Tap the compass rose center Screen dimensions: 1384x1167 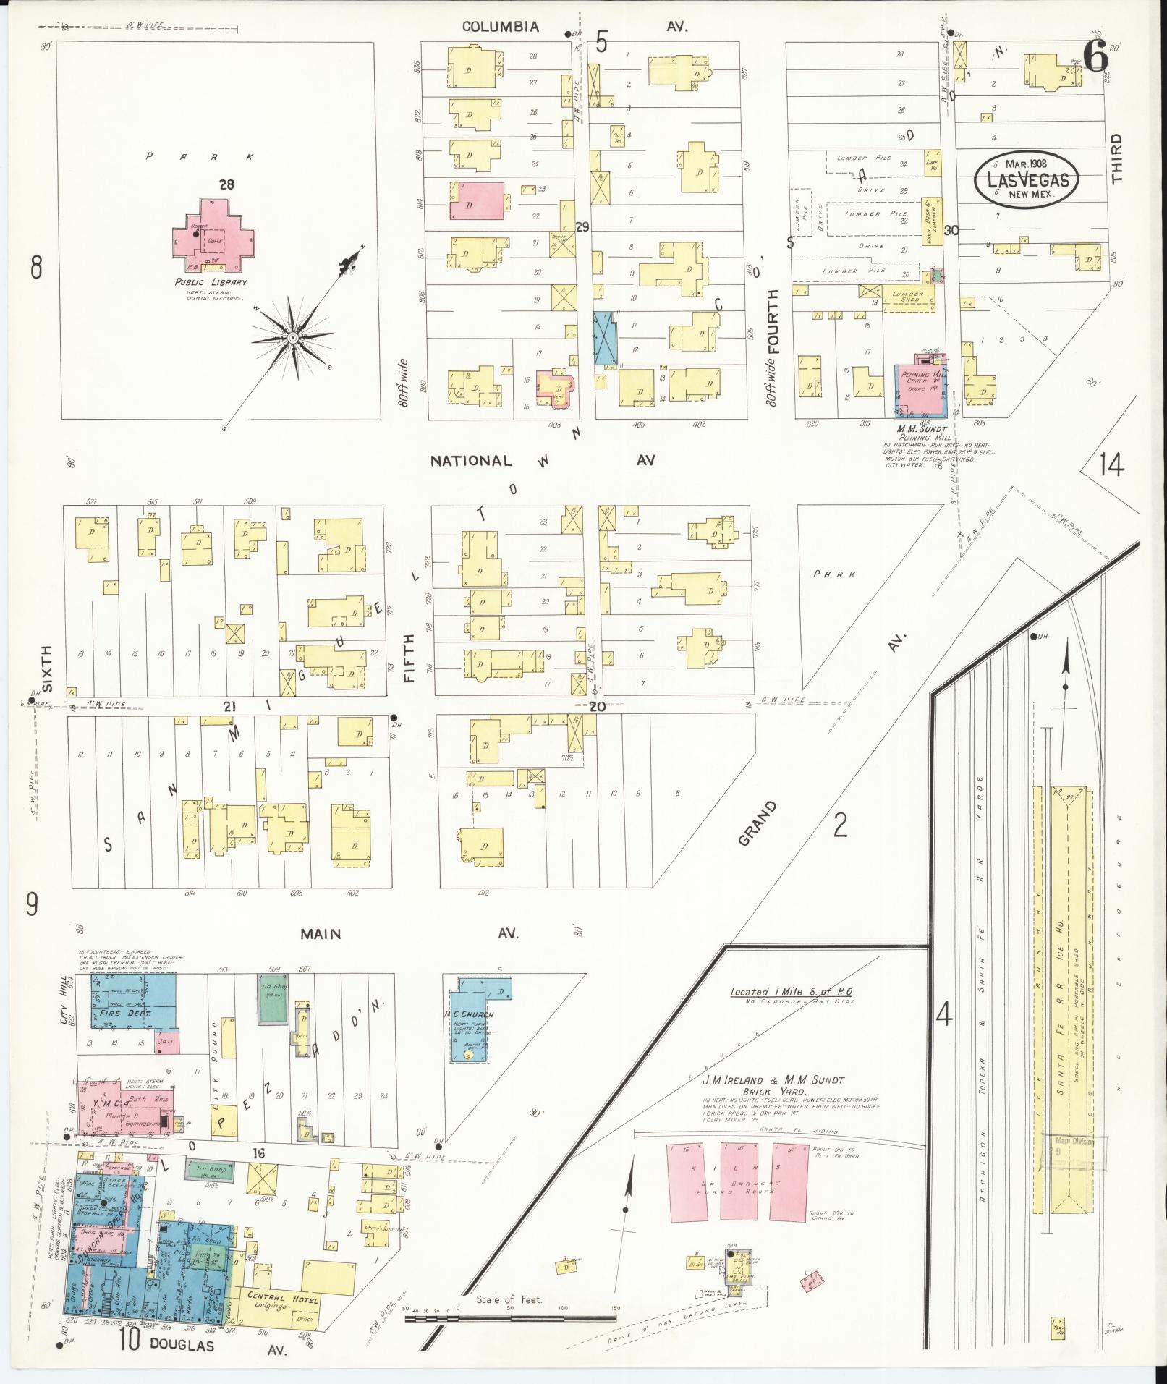[293, 338]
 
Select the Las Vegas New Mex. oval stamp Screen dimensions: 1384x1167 [1026, 178]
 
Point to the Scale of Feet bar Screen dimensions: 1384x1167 [510, 1319]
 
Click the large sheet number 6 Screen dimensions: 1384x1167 [1097, 58]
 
